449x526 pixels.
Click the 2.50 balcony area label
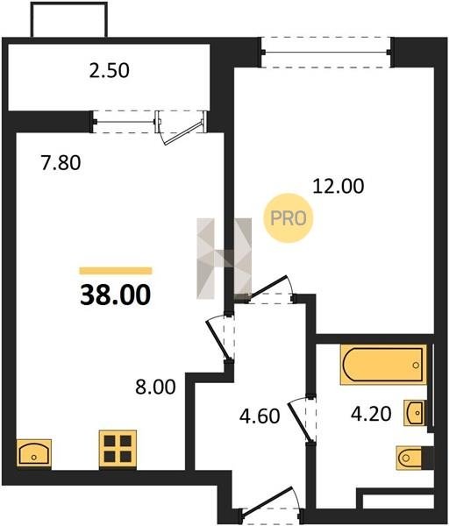109,71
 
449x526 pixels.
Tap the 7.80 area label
61,163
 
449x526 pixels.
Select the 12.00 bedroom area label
339,186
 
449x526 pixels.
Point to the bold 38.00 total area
116,295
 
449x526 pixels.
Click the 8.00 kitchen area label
155,387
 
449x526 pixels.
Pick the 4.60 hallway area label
260,416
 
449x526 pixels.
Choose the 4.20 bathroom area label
371,413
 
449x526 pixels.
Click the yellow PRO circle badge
289,218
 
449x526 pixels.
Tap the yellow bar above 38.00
116,271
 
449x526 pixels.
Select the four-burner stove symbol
118,450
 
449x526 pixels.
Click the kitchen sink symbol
34,453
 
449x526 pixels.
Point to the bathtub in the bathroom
383,365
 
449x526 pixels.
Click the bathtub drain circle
416,365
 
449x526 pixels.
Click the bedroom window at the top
326,53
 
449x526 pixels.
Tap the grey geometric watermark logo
224,259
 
